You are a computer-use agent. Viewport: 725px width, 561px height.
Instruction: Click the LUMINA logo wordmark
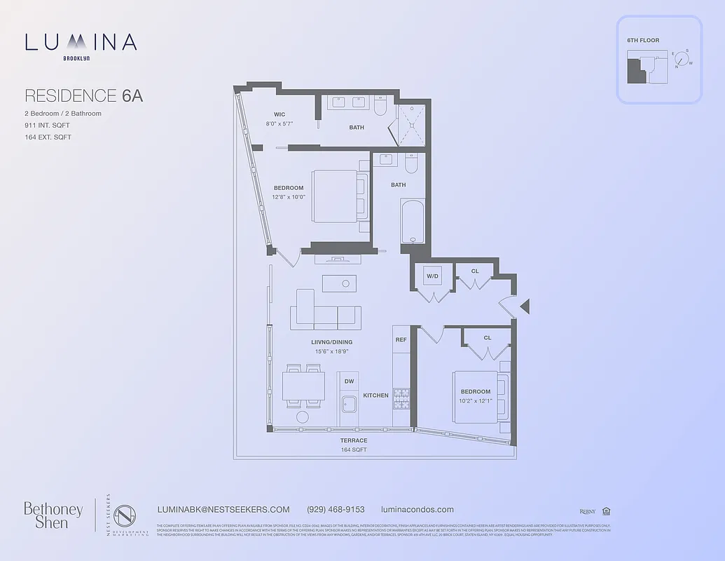tap(81, 43)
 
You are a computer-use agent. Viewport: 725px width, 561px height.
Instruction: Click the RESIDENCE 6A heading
tap(83, 96)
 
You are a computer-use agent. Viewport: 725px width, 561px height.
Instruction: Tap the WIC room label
tap(279, 114)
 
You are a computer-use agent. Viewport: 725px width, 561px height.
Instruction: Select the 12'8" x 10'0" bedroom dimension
tap(289, 197)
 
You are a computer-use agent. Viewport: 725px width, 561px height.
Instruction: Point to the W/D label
tap(433, 276)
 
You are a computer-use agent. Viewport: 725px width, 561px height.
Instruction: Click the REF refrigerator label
tap(401, 340)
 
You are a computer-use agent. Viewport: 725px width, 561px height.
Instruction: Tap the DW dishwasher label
tap(349, 381)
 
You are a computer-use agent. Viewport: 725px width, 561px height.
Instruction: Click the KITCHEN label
tap(375, 396)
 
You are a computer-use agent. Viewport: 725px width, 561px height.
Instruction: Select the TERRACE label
tap(354, 440)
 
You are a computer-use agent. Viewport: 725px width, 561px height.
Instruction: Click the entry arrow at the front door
tap(525, 306)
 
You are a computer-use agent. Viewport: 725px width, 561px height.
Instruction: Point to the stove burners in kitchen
tap(401, 400)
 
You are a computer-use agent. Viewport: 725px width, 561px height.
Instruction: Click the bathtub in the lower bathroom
tap(412, 222)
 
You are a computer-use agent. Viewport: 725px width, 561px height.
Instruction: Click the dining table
tap(303, 386)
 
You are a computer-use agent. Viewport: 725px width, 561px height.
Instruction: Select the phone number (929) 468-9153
tap(336, 510)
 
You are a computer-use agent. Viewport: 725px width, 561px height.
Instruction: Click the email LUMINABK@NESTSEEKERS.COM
tap(225, 510)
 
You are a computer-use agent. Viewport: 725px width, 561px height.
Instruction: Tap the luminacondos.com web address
tap(417, 510)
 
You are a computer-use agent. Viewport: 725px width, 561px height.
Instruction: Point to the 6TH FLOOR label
tap(643, 41)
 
